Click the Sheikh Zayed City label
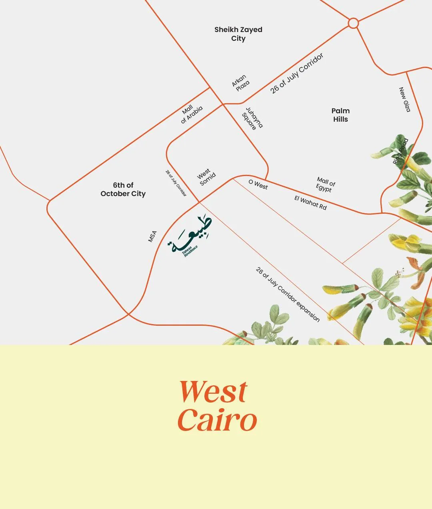pos(238,34)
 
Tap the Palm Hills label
pos(340,115)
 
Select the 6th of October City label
pos(123,189)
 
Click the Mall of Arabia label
pos(191,114)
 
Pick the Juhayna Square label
pos(252,118)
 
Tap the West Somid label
pos(206,177)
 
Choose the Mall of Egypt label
pos(325,184)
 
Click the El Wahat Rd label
pos(310,202)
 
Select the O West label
pos(258,184)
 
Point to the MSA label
pos(152,236)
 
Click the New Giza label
pos(405,100)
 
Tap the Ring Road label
pos(401,151)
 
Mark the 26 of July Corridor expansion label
pos(288,295)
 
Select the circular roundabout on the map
pos(353,23)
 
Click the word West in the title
pos(214,392)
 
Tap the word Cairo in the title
pos(217,420)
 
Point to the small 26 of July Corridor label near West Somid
pos(176,183)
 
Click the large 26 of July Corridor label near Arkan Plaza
pos(296,74)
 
